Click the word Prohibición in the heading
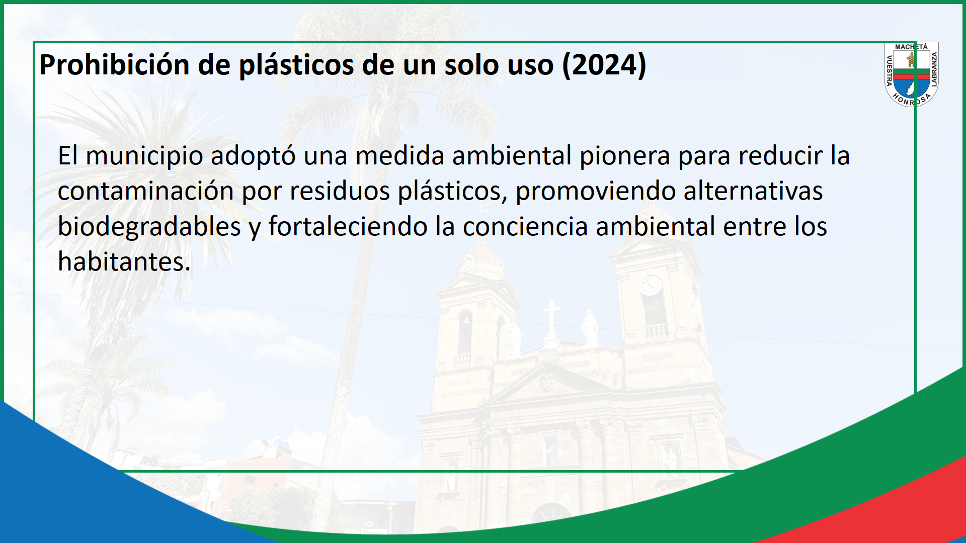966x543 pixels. click(114, 65)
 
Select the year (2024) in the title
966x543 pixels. click(604, 65)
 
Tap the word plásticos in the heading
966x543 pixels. click(296, 66)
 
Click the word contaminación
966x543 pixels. click(146, 191)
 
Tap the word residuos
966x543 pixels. click(340, 191)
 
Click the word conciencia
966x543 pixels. click(525, 226)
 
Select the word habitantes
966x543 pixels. click(124, 261)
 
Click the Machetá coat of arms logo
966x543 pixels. click(912, 74)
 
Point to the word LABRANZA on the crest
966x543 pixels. click(934, 69)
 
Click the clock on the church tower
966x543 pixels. click(651, 285)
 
